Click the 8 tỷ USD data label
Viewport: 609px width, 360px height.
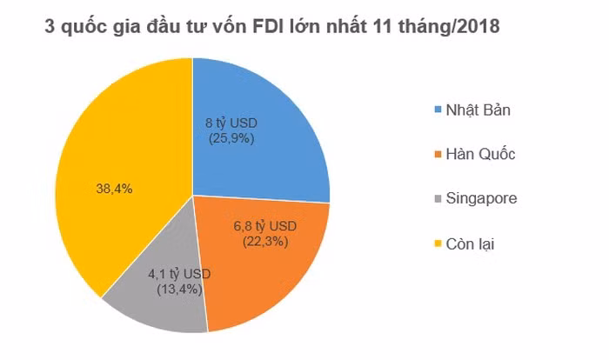(231, 123)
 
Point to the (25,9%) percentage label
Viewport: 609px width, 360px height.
(231, 137)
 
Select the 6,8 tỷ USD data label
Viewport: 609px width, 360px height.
(266, 226)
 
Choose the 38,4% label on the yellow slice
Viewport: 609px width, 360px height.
(112, 188)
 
